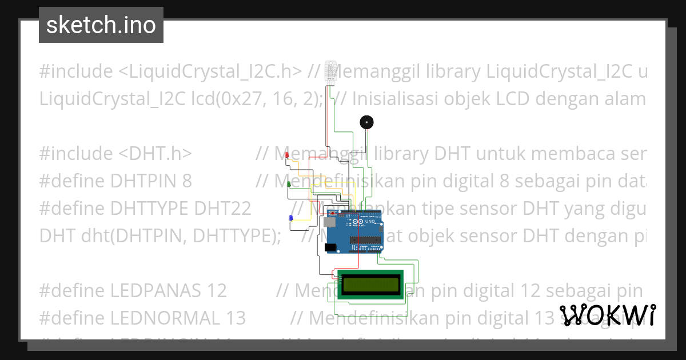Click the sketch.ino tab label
tap(101, 25)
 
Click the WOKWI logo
tap(608, 315)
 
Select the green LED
tap(289, 185)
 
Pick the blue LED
tap(290, 218)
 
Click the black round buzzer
tap(366, 122)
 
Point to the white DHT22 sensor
tap(331, 71)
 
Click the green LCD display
tap(372, 284)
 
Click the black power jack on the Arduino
tap(330, 247)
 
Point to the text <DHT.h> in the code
tap(154, 154)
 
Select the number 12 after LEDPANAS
tap(217, 291)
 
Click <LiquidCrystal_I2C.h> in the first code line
tap(210, 71)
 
